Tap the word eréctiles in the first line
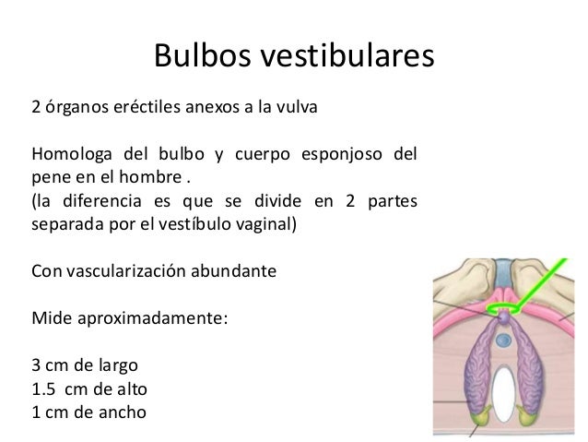click(x=148, y=106)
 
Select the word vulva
click(x=294, y=106)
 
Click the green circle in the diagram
click(x=505, y=307)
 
